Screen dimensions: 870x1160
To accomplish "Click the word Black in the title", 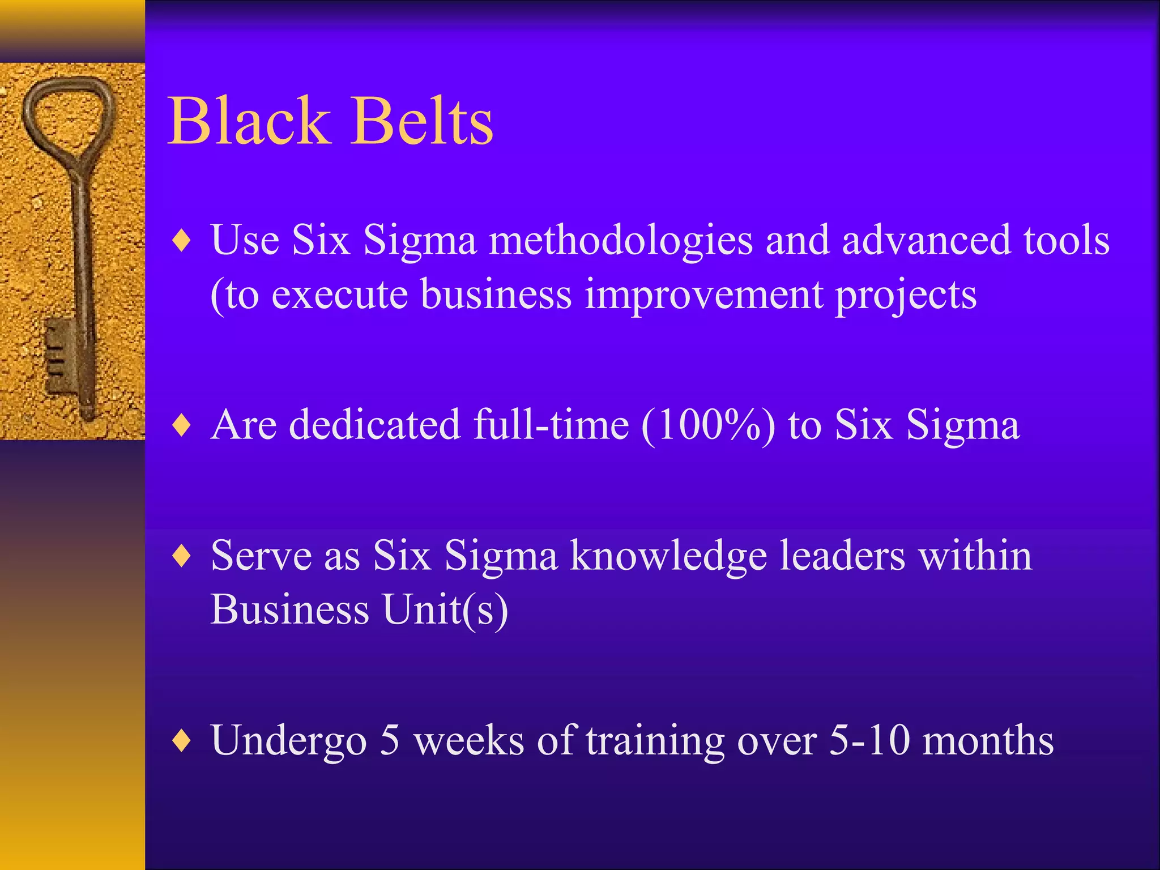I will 249,121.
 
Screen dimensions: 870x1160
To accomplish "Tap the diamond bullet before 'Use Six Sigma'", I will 182,241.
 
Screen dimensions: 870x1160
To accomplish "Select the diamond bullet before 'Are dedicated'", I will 182,425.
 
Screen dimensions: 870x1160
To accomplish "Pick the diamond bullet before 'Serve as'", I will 182,556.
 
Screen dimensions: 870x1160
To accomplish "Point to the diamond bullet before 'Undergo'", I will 182,740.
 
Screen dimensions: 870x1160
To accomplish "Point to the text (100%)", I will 708,425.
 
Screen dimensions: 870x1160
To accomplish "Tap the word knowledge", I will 668,557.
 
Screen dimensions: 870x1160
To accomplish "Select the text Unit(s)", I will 445,610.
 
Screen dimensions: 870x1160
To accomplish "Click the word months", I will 988,740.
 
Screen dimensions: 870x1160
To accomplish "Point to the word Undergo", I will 289,741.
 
